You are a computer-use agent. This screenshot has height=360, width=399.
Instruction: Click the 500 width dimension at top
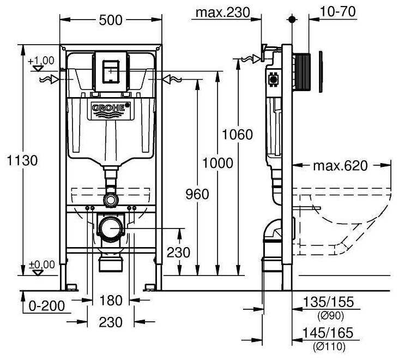pyautogui.click(x=111, y=20)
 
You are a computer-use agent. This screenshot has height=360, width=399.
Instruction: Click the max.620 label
pyautogui.click(x=340, y=165)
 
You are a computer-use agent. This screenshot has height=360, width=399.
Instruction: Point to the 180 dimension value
pyautogui.click(x=110, y=301)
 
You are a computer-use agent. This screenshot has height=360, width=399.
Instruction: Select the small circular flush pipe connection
pyautogui.click(x=111, y=199)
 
